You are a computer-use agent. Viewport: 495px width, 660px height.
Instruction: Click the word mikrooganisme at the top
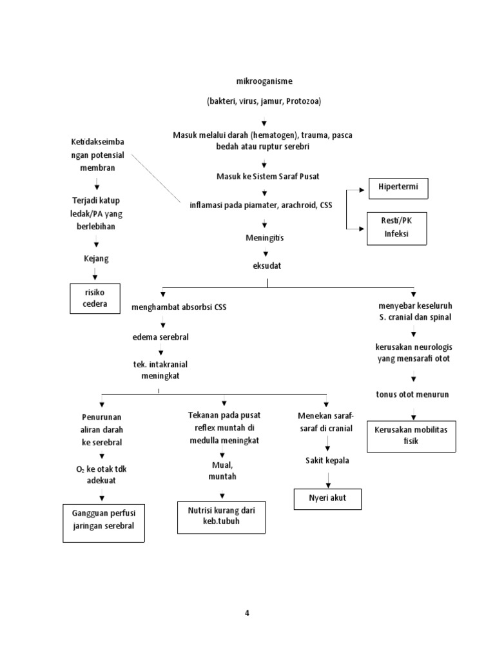tap(264, 81)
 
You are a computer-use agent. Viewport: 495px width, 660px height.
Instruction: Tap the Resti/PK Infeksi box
tap(397, 228)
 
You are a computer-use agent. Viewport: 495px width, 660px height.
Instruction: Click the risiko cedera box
tap(95, 298)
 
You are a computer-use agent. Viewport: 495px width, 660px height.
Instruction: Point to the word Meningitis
tap(264, 238)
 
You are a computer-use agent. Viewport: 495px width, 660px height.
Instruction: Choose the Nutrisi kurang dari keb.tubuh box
tap(221, 516)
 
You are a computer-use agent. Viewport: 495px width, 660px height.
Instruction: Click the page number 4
tap(247, 613)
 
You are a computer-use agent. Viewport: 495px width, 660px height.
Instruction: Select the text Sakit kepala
tap(328, 460)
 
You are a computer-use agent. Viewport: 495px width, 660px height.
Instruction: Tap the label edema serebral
tap(160, 337)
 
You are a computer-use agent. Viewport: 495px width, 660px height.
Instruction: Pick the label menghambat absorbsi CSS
tap(179, 307)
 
